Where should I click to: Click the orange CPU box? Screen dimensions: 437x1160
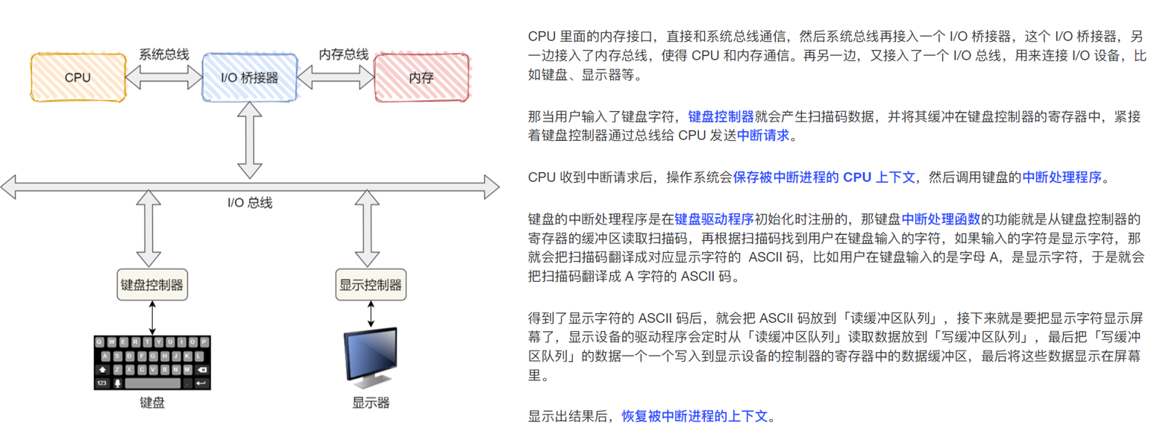click(x=78, y=77)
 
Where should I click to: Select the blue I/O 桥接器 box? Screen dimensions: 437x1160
click(x=250, y=77)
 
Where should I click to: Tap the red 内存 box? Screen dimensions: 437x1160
click(x=421, y=77)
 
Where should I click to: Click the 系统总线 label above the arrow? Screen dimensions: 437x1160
click(x=163, y=55)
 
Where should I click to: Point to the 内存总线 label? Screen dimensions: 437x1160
click(x=344, y=55)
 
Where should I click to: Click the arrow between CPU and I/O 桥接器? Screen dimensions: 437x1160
click(x=163, y=76)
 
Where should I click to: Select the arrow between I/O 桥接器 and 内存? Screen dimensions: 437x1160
click(x=336, y=76)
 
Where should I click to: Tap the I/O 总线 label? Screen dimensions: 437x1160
click(x=251, y=202)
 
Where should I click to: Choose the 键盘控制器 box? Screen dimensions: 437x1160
click(x=152, y=284)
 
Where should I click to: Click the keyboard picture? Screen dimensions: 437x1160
click(x=152, y=362)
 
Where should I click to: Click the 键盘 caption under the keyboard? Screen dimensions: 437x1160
click(x=152, y=403)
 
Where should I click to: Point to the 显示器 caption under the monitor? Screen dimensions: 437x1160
click(x=371, y=403)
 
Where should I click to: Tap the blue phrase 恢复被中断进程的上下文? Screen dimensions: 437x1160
click(x=694, y=416)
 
